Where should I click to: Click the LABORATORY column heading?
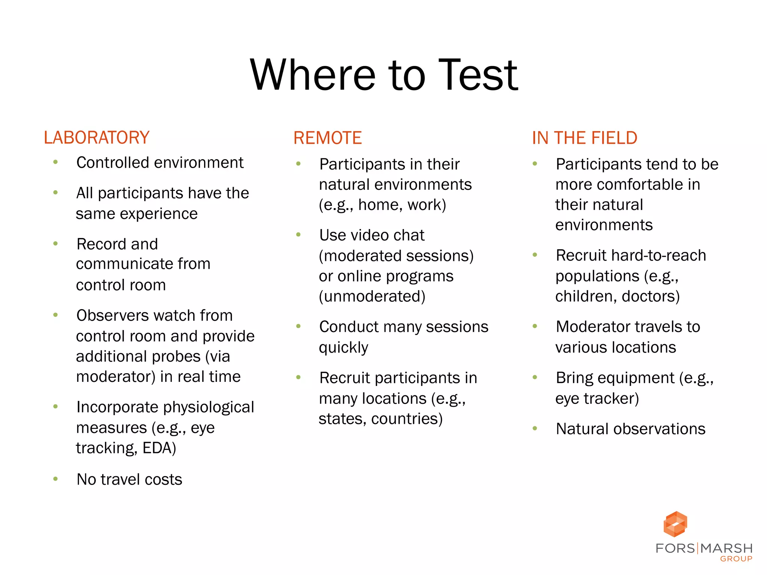[x=97, y=137]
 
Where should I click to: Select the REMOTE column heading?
[x=327, y=138]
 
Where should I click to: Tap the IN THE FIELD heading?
[x=585, y=138]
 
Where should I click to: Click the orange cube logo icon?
[x=675, y=524]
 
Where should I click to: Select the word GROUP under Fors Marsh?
[x=736, y=559]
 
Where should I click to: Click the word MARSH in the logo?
[x=727, y=548]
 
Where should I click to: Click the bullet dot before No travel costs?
[x=55, y=479]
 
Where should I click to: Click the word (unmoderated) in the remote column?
[x=372, y=296]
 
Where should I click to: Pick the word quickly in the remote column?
[x=343, y=348]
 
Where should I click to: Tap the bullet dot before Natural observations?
[x=535, y=428]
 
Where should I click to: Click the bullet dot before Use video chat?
[x=298, y=235]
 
